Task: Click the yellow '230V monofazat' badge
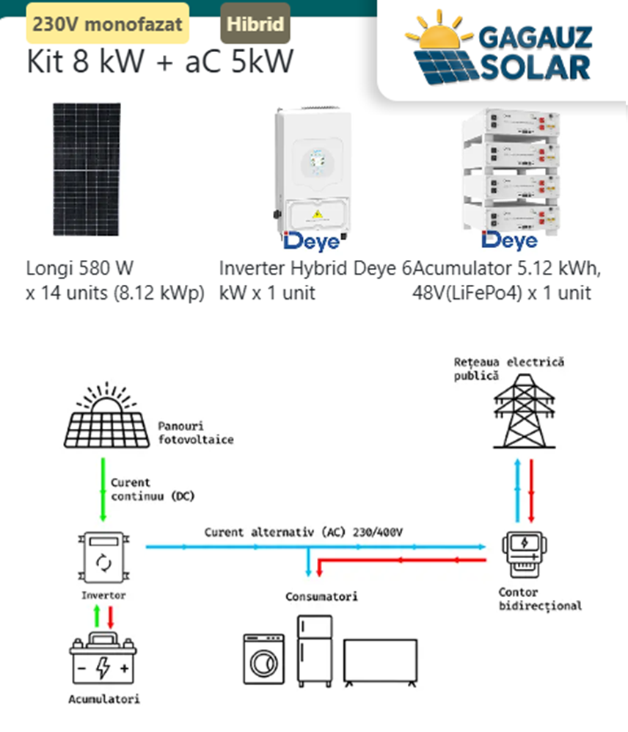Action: tap(108, 23)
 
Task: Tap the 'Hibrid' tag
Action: tap(255, 23)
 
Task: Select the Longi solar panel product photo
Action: tap(87, 169)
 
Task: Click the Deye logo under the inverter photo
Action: tap(312, 241)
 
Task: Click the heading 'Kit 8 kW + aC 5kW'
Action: tap(160, 62)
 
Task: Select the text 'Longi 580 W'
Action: tap(80, 267)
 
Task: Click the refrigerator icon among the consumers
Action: tap(314, 651)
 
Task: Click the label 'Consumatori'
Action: tap(321, 596)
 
